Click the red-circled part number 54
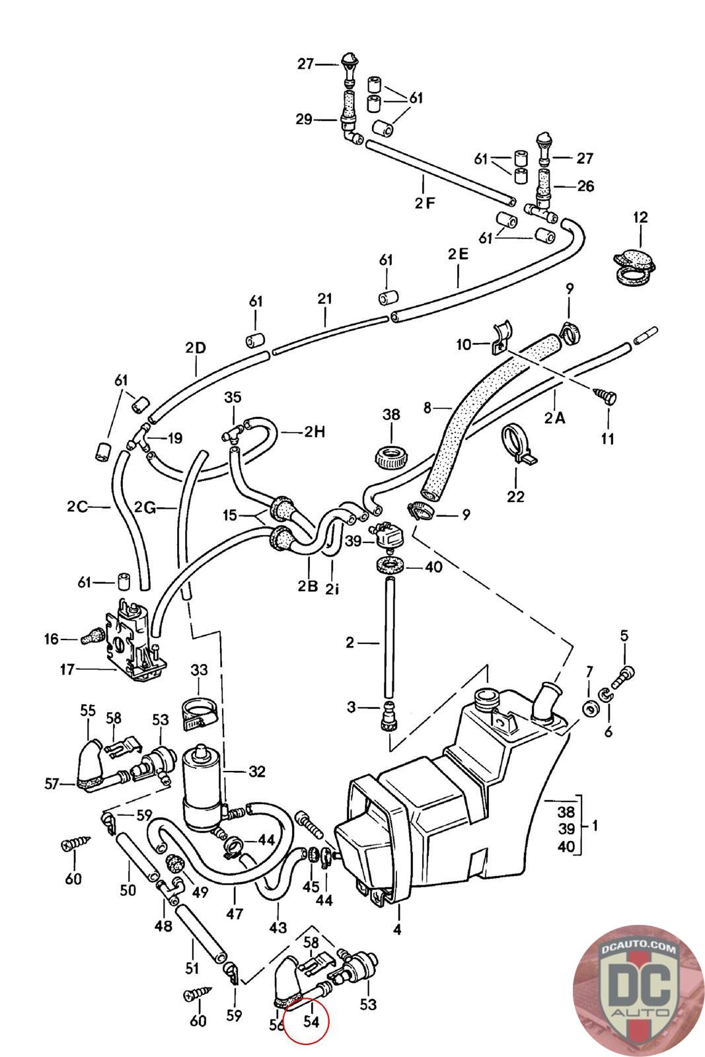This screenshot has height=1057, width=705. [x=311, y=1021]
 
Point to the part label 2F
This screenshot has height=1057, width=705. [x=425, y=202]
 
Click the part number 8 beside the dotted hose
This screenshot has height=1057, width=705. [x=427, y=407]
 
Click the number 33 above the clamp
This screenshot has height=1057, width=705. [x=199, y=670]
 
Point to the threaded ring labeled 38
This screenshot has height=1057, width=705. [x=391, y=456]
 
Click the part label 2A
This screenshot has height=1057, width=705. [x=554, y=418]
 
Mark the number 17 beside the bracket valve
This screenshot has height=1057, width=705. [x=67, y=669]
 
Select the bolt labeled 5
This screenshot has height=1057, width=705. [x=623, y=678]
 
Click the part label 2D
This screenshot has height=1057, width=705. [x=196, y=347]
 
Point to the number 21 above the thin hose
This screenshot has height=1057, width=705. [x=324, y=298]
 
